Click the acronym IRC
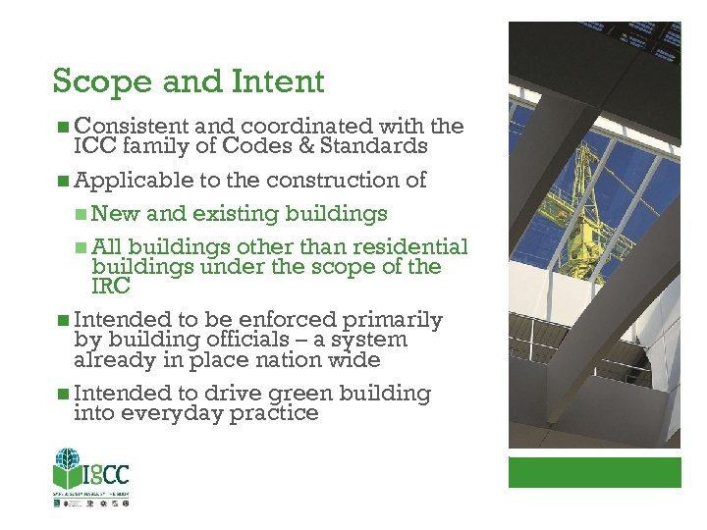pyautogui.click(x=110, y=286)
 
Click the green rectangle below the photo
pyautogui.click(x=594, y=471)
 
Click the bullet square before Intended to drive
pyautogui.click(x=63, y=394)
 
